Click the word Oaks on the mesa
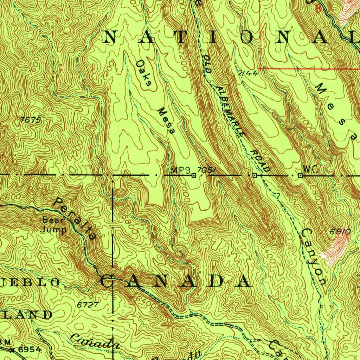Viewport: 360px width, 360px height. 144,73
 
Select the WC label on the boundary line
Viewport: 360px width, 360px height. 311,169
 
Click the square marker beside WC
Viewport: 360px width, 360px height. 300,175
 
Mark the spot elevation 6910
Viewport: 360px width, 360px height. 340,232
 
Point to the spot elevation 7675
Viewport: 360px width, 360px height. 31,120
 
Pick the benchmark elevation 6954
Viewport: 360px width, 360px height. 30,349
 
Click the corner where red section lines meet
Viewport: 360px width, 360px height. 260,68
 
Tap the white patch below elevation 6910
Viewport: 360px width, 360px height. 336,250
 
